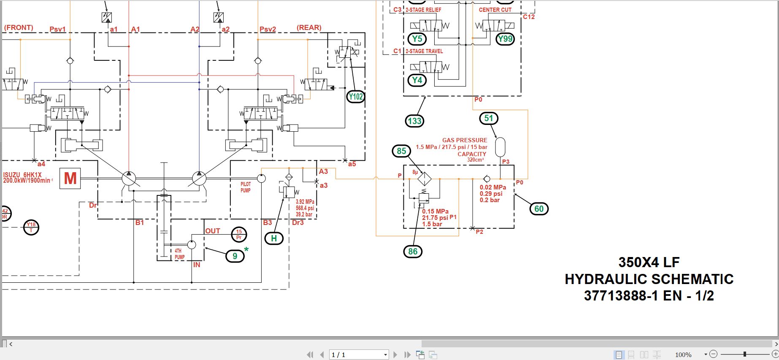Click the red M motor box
click(x=70, y=178)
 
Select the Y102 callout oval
click(x=355, y=97)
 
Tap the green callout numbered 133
click(x=414, y=121)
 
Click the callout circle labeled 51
click(x=489, y=118)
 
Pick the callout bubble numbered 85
click(x=401, y=151)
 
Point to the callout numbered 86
click(x=413, y=252)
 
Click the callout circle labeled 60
click(x=539, y=208)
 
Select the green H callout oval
click(x=273, y=238)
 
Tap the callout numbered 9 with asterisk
click(x=235, y=256)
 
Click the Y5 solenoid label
click(x=417, y=39)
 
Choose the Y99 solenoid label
click(x=505, y=39)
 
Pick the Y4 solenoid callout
click(x=417, y=80)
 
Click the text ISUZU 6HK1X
click(x=22, y=175)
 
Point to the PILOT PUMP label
click(x=246, y=187)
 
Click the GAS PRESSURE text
click(x=465, y=140)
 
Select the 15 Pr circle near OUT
click(x=239, y=234)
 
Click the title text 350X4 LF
click(x=649, y=262)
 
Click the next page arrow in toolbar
click(x=395, y=355)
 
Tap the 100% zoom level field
click(x=683, y=355)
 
